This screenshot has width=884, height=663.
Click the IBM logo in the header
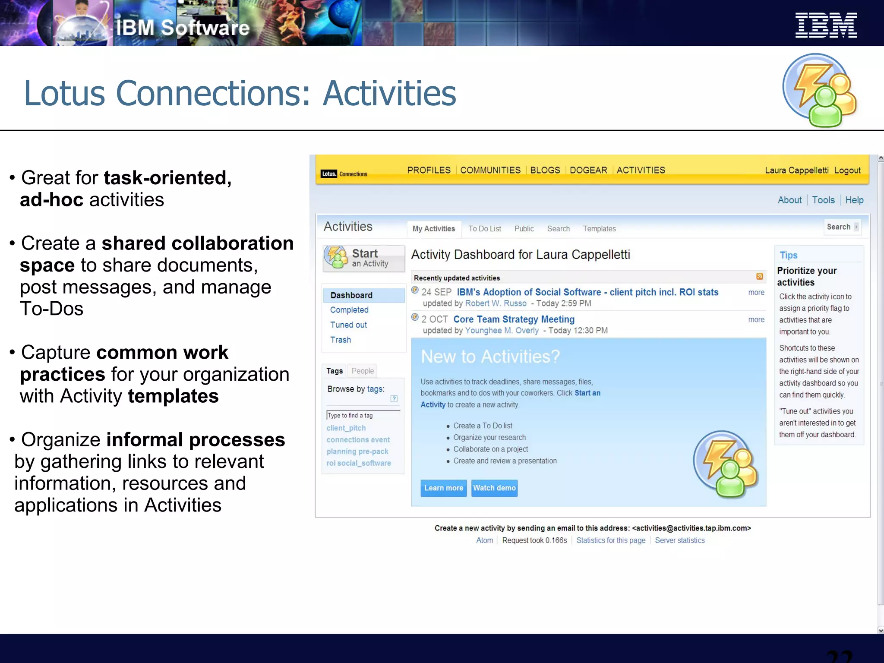click(x=826, y=25)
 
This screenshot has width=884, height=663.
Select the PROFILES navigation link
click(x=429, y=170)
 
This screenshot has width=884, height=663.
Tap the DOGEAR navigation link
click(x=588, y=170)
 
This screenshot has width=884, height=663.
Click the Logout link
click(x=847, y=170)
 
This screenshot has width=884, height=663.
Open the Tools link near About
click(x=823, y=200)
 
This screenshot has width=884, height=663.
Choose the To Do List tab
click(x=485, y=229)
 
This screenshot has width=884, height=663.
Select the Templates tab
click(x=599, y=229)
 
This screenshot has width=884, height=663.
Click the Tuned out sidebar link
click(x=348, y=325)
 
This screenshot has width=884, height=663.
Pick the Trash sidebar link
click(x=341, y=340)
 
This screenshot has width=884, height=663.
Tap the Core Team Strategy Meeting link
click(x=514, y=319)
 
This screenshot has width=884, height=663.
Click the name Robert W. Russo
click(x=496, y=303)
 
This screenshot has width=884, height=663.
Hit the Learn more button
click(x=443, y=488)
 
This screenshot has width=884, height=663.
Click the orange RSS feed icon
click(x=760, y=277)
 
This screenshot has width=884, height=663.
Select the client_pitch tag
click(x=346, y=428)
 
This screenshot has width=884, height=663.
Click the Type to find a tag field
click(x=363, y=415)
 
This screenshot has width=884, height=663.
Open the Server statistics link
click(x=679, y=540)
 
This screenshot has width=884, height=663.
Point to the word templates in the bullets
click(x=173, y=396)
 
